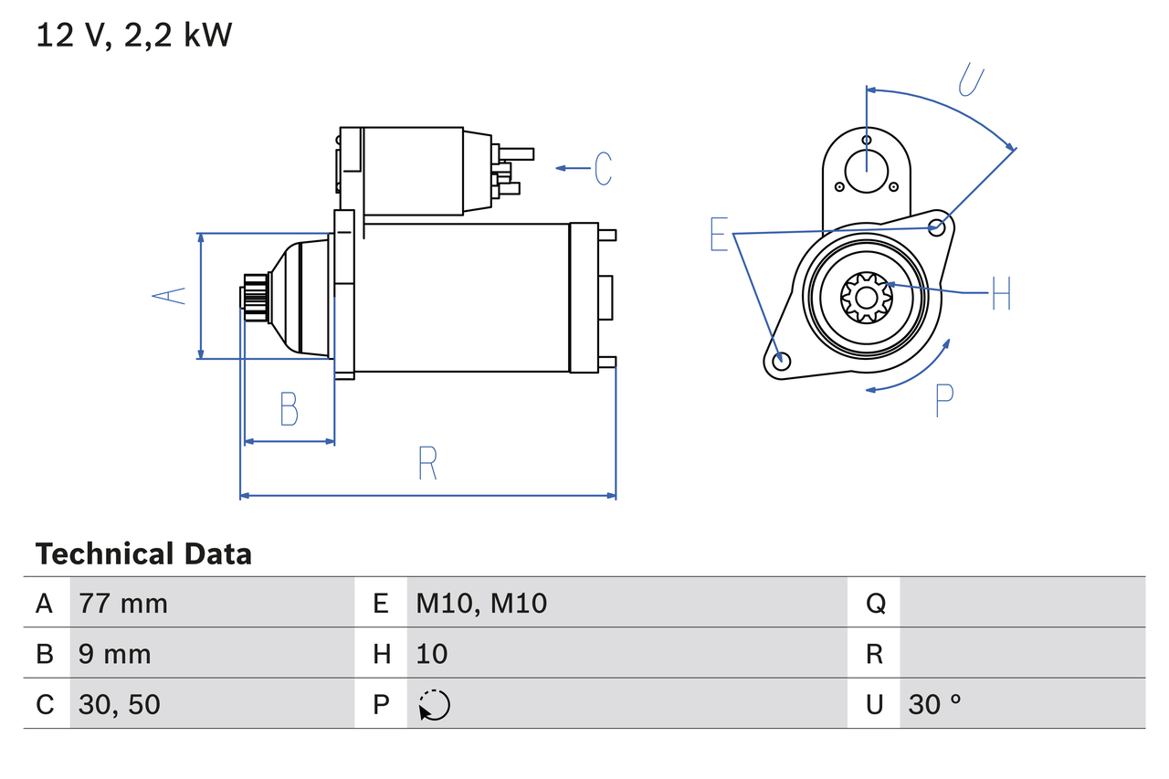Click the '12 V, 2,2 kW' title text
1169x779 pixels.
coord(134,36)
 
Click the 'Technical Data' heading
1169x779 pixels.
coord(143,553)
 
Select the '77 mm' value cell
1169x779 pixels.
coord(123,603)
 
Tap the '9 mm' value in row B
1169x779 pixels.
coord(115,653)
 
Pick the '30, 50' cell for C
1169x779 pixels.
coord(120,704)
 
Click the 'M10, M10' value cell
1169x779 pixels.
coord(481,603)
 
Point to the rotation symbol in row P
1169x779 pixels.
coord(434,705)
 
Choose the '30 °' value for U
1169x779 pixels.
coord(935,704)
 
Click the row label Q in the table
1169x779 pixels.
coord(875,603)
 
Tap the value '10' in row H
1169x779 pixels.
coord(432,653)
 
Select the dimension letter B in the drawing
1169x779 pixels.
coord(289,409)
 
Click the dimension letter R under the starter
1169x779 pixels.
coord(427,463)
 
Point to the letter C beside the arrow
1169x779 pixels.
coord(603,169)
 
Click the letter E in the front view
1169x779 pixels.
coord(720,235)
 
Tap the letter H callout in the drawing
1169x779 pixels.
coord(1001,293)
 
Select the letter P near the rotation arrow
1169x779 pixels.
coord(944,400)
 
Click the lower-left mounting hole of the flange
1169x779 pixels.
coord(781,362)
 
